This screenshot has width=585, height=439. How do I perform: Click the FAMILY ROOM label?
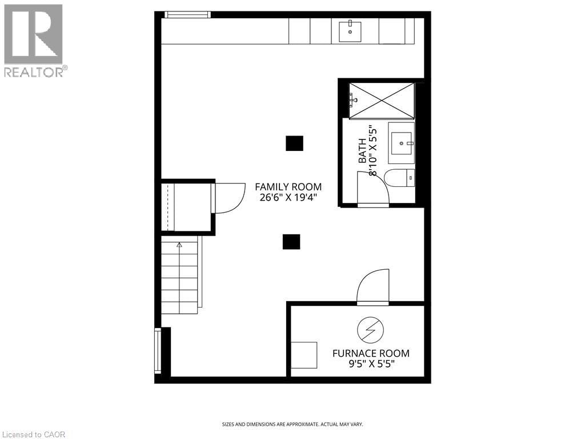288,187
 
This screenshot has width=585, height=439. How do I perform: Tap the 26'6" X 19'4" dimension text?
288,198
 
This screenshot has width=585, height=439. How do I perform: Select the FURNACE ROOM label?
371,353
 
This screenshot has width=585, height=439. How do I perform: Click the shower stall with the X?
381,100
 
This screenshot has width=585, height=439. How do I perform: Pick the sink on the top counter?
350,31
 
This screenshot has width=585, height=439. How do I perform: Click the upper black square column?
294,143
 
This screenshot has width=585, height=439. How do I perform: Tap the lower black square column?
291,242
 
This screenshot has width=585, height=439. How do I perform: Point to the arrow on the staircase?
179,245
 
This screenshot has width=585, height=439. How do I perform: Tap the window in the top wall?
187,14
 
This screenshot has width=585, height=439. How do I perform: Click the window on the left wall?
158,350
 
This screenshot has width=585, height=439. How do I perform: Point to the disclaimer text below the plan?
292,424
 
